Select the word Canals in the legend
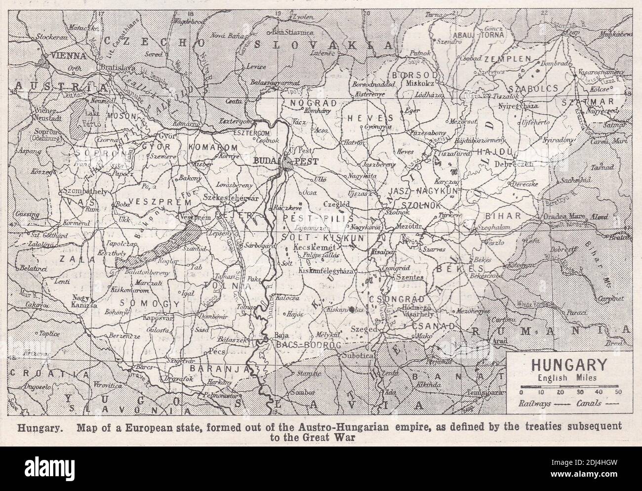tap(588, 403)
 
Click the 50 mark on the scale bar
tap(618, 391)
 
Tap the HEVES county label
tap(376, 118)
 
